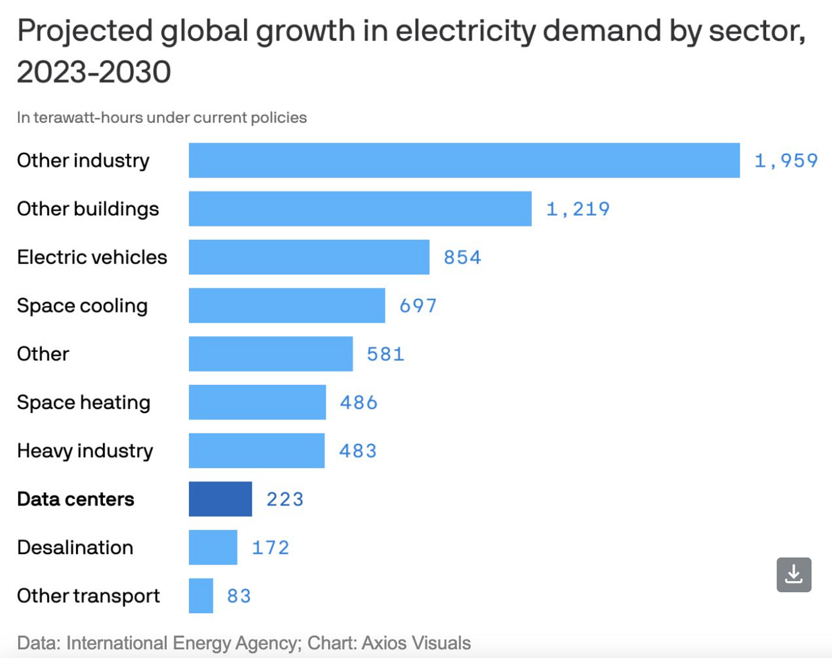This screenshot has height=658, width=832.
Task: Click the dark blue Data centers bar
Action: pos(220,499)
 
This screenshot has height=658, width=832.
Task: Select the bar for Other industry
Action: pos(464,161)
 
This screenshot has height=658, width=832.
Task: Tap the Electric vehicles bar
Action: pos(309,257)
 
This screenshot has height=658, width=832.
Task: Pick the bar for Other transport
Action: pos(201,596)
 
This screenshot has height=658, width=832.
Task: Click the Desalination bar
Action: pos(213,547)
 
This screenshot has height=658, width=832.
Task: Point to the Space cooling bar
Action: pos(287,306)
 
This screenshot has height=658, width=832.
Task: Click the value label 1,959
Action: pos(786,161)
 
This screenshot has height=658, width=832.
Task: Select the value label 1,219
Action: pos(578,209)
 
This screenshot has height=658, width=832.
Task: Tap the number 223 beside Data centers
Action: pos(285,499)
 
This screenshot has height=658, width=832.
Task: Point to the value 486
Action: pos(358,403)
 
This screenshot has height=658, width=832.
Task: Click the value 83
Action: pos(239,596)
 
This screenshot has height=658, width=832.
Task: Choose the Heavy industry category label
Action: pos(85,451)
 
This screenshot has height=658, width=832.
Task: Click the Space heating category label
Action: pos(83,403)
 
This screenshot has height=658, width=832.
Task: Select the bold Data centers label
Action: pos(75,499)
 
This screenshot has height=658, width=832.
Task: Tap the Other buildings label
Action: pos(88,209)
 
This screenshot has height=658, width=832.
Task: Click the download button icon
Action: pos(794,575)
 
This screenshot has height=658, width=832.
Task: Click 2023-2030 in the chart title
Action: pos(94,72)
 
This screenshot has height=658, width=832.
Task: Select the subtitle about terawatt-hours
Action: pos(162,118)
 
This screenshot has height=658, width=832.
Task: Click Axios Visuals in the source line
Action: pos(416,643)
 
